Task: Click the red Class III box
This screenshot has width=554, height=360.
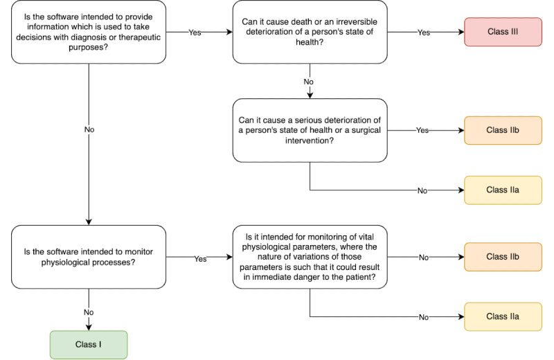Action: click(503, 32)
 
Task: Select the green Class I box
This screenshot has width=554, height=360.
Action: click(89, 345)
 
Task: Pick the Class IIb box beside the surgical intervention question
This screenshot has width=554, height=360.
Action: click(503, 130)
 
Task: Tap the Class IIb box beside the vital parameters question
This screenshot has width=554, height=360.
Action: click(503, 257)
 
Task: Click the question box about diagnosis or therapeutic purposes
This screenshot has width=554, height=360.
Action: click(89, 32)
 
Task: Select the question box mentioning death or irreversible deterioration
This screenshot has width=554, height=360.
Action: click(310, 32)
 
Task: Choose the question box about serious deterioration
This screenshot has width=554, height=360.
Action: click(310, 130)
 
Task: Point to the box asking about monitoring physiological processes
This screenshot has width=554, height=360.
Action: click(89, 257)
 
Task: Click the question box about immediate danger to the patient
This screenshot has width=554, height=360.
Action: click(310, 257)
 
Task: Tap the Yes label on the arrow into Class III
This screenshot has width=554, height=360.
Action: click(424, 33)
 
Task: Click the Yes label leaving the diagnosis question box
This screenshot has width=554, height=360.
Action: click(195, 33)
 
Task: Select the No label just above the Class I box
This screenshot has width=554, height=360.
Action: click(89, 312)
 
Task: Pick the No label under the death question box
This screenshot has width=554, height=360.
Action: click(308, 82)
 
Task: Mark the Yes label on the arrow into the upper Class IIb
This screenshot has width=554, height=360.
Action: click(422, 130)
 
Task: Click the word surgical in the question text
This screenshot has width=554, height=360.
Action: click(366, 130)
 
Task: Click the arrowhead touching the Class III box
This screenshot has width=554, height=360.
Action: click(461, 32)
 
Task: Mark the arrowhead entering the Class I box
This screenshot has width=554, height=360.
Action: click(89, 327)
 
